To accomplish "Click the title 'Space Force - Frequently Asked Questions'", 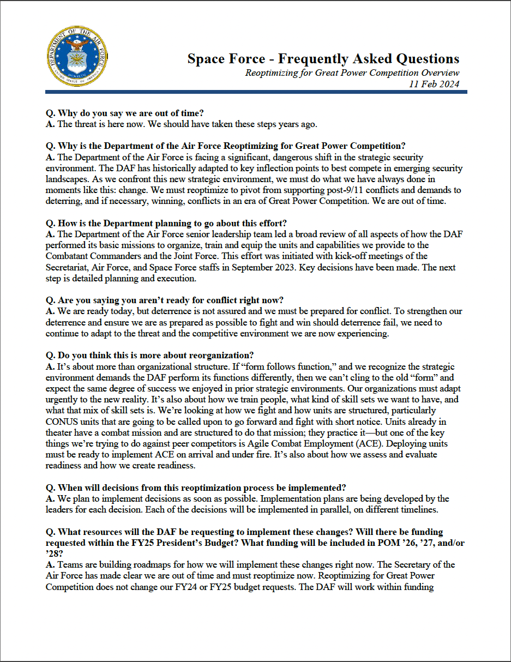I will coord(323,59).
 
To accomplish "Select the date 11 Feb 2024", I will coord(434,83).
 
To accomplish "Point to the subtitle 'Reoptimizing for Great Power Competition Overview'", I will coord(352,73).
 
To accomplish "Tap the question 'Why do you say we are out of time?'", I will coord(124,113).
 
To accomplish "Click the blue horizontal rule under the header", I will coord(256,92).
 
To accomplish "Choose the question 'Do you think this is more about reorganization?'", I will coord(149,356).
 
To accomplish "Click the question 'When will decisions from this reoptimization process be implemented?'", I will coord(196,488).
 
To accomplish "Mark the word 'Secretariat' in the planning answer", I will coord(68,267).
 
